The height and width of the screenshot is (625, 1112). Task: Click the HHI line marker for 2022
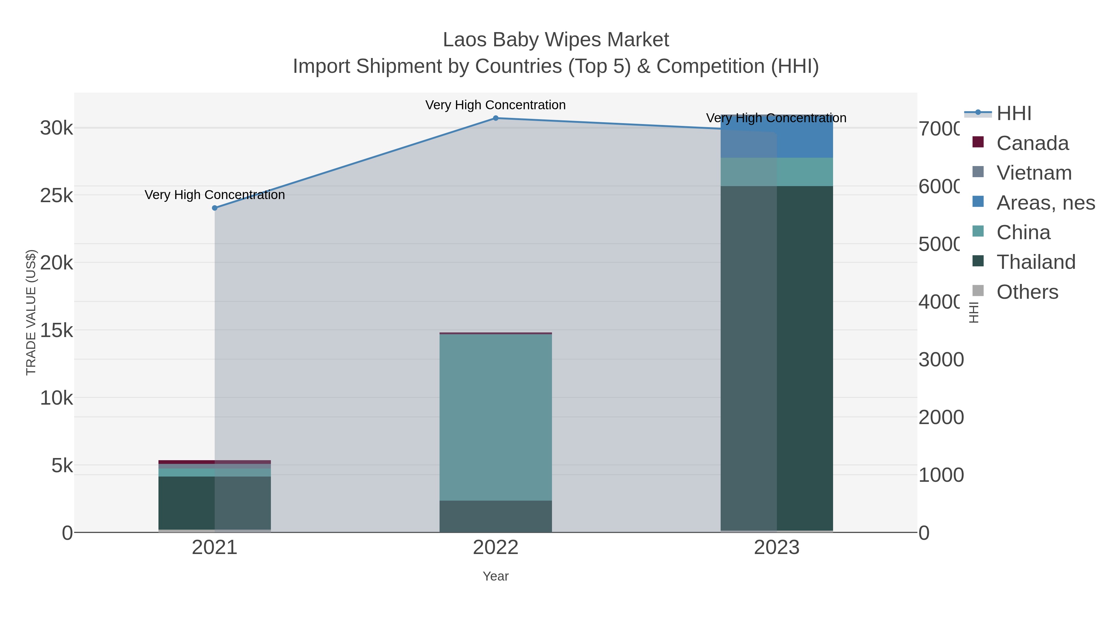495,118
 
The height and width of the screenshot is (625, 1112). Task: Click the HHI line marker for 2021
215,208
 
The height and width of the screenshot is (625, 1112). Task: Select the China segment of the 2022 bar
495,417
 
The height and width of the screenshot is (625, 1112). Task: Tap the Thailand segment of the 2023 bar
777,358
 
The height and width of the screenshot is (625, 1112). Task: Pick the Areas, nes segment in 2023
777,137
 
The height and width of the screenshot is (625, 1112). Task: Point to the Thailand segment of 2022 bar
495,516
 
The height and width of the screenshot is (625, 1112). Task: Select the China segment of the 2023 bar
777,172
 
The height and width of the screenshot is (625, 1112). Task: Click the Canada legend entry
1032,143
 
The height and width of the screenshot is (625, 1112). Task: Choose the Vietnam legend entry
1034,173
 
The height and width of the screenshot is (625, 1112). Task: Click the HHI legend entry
1013,114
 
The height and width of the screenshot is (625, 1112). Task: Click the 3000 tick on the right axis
941,360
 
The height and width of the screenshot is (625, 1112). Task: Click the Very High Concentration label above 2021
215,195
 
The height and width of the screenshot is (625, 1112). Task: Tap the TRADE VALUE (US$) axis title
31,312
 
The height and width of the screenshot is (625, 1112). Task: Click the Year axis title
495,576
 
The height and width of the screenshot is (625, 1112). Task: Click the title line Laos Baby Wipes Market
556,40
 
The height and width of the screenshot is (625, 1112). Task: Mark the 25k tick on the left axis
57,196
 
